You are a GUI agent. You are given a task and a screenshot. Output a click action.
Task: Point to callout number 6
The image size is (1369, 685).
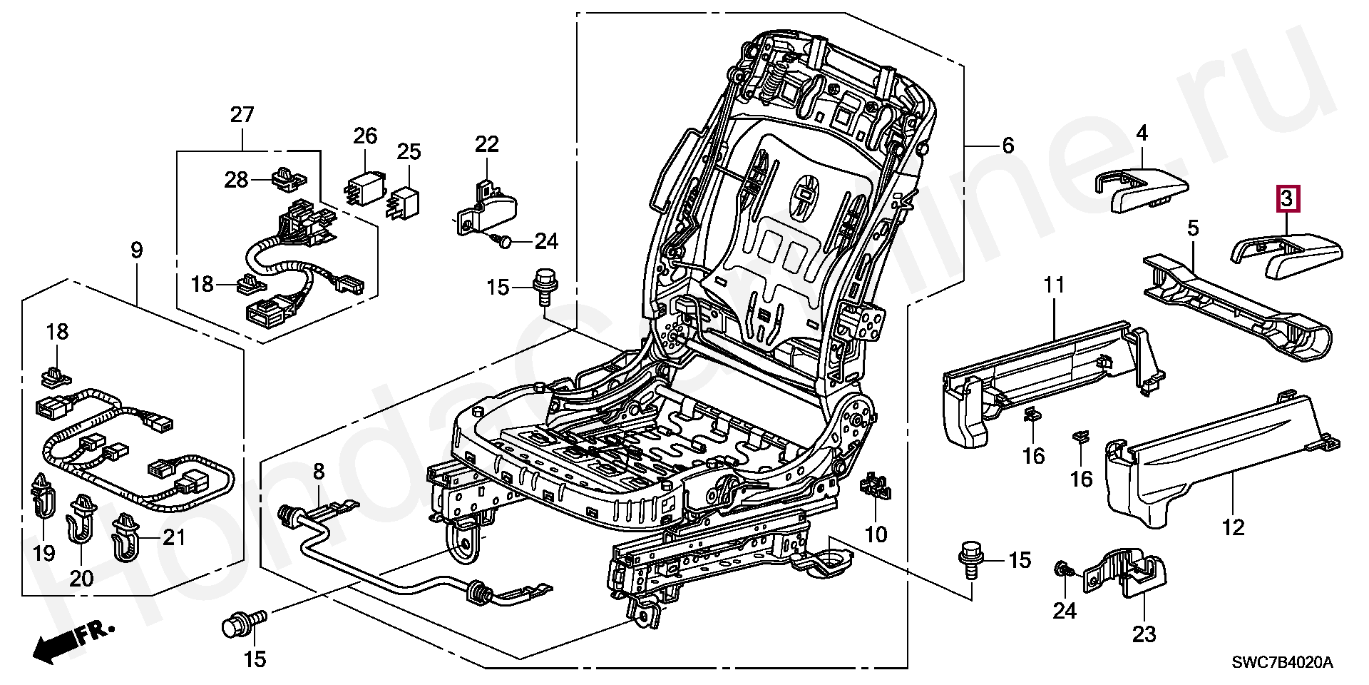(1007, 146)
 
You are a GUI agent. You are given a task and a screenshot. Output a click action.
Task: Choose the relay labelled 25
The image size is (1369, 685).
(405, 196)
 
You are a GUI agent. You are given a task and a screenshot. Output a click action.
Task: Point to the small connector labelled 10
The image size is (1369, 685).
(875, 487)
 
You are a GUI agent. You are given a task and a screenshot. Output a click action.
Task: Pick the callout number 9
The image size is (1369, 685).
(136, 251)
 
